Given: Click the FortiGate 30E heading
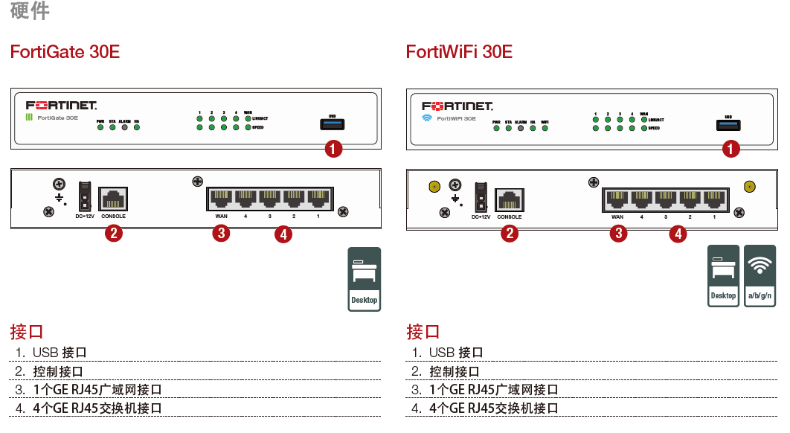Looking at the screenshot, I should [65, 52].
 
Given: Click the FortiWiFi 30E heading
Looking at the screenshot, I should [459, 52].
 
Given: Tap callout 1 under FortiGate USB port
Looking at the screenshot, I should [334, 149].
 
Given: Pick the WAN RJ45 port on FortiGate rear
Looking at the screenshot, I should [222, 199].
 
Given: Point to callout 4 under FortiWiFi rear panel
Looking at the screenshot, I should [678, 234].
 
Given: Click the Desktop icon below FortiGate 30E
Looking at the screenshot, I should [364, 279].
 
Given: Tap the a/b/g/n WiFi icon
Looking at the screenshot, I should [760, 275].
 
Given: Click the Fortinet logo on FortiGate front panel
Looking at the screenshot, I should [61, 106].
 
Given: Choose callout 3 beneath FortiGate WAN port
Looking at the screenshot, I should [221, 234].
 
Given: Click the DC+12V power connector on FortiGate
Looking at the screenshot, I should [84, 196].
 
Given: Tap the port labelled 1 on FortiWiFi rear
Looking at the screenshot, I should [714, 199].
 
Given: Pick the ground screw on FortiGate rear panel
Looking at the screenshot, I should [59, 184].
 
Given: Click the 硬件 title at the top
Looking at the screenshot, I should [30, 11].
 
